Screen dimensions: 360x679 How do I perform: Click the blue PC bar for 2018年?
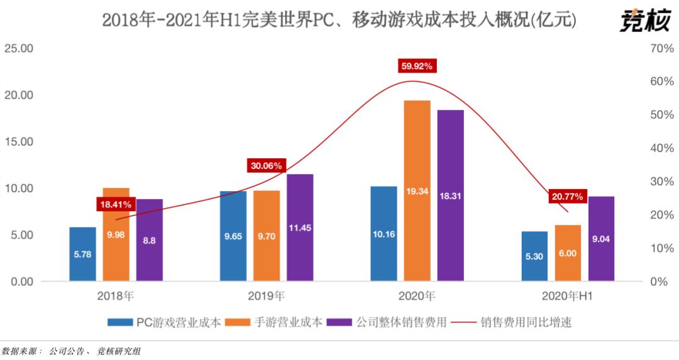pos(82,254)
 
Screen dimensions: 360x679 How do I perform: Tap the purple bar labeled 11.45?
pos(299,227)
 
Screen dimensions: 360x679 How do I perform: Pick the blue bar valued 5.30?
pos(534,256)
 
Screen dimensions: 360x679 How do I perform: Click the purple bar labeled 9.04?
pos(601,239)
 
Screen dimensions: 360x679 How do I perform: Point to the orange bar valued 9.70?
pos(266,236)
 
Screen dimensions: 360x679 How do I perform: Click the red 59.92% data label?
pos(417,66)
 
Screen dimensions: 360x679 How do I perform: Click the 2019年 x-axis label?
pos(266,295)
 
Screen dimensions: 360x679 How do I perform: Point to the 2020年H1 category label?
pos(568,295)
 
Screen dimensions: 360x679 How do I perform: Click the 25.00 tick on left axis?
pos(19,48)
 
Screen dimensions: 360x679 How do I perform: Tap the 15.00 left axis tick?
pos(19,142)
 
